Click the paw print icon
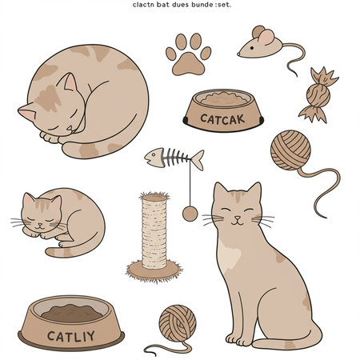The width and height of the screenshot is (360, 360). (x=188, y=54)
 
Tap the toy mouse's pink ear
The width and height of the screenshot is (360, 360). (x=266, y=37)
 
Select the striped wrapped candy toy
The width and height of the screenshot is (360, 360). (x=318, y=94)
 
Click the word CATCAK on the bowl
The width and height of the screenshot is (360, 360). (x=222, y=119)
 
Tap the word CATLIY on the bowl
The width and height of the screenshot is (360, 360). (x=71, y=336)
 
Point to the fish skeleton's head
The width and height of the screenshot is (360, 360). (x=154, y=158)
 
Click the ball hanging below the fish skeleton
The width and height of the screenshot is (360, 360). (x=190, y=214)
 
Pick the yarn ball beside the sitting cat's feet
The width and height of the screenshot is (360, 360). (x=178, y=323)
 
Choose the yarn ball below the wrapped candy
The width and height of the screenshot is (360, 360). (x=290, y=150)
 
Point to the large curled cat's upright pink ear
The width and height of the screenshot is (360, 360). (x=69, y=82)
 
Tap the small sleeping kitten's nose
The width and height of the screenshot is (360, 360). (x=39, y=224)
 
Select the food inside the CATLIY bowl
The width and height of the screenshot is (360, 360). (x=72, y=313)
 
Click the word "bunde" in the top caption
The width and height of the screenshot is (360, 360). (x=202, y=5)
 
